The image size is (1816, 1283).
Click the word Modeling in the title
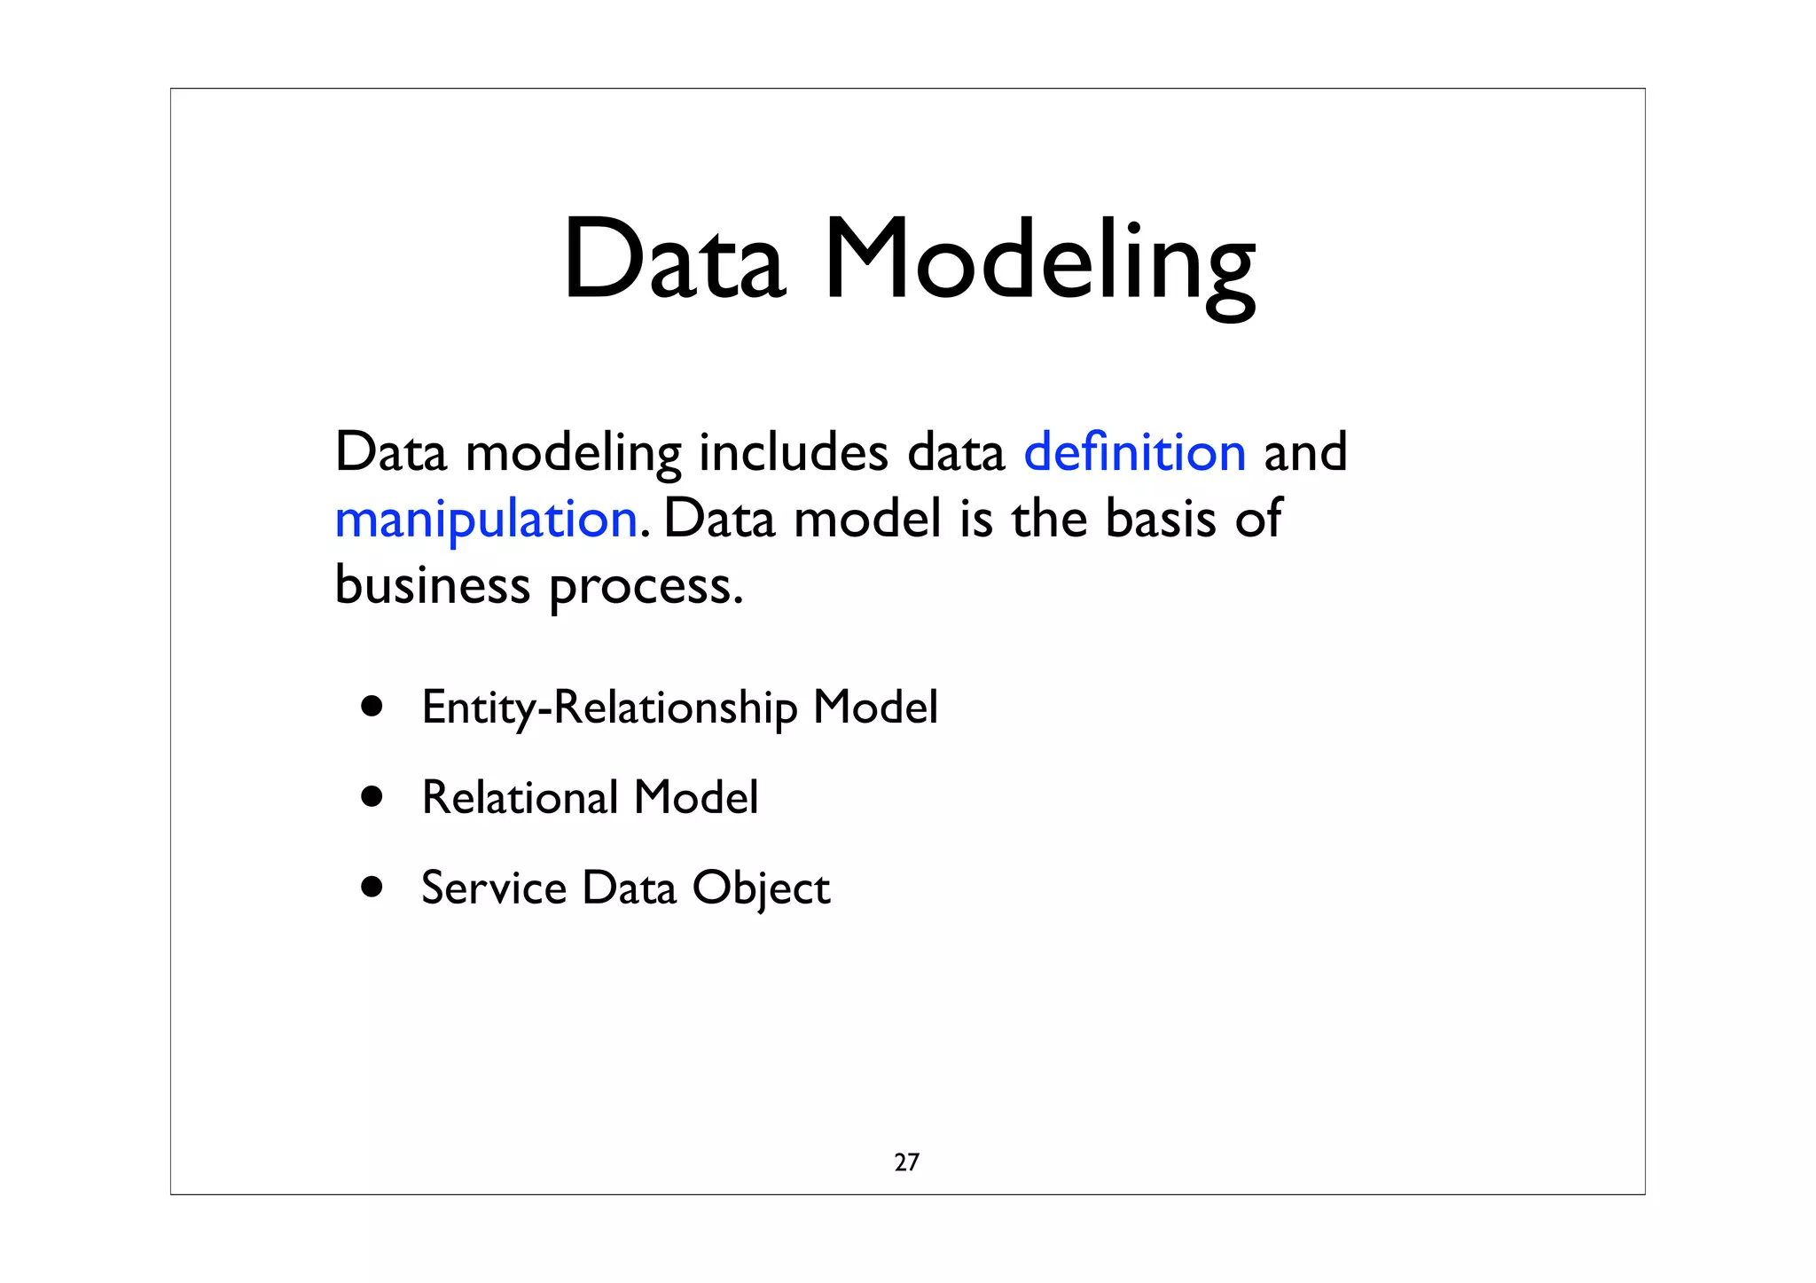click(x=1038, y=262)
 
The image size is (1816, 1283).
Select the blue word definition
click(x=1134, y=452)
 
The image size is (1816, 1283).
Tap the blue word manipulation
click(x=486, y=519)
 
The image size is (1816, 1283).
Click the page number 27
click(x=906, y=1162)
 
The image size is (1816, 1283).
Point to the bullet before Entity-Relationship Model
click(x=372, y=707)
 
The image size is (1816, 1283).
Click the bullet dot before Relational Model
click(x=372, y=796)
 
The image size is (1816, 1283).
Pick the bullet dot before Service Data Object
click(x=372, y=887)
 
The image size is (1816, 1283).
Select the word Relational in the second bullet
click(x=520, y=797)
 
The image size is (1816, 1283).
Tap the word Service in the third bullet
click(x=493, y=888)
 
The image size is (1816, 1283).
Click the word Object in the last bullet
click(x=761, y=888)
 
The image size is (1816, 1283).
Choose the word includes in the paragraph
click(x=793, y=452)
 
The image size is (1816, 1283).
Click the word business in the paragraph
click(x=432, y=585)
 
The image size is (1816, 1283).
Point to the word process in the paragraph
click(x=645, y=587)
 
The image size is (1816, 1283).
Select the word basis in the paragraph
click(x=1161, y=519)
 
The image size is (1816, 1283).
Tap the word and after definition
click(x=1304, y=452)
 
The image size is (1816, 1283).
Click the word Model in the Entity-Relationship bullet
click(x=875, y=708)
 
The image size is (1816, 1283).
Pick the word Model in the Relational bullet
click(x=696, y=797)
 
